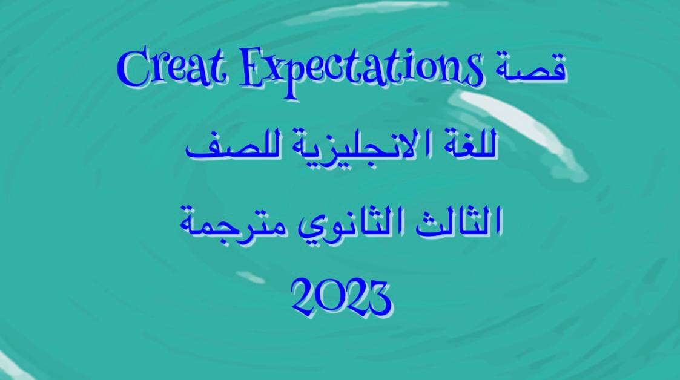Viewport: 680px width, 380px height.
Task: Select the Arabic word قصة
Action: [531, 68]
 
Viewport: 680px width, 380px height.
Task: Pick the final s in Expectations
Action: [474, 72]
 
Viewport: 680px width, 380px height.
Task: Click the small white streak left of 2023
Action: [251, 277]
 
